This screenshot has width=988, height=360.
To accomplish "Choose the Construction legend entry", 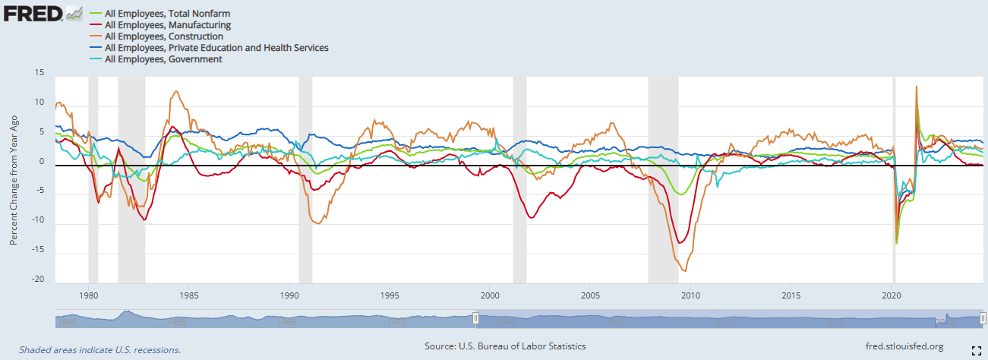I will (164, 36).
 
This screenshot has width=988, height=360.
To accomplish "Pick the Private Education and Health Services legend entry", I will (216, 48).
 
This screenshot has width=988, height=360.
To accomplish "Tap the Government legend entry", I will (163, 59).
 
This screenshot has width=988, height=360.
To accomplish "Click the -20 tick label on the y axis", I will (37, 279).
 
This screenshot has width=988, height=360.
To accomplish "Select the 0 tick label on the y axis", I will (42, 162).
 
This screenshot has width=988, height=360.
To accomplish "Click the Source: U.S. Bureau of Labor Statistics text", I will (505, 346).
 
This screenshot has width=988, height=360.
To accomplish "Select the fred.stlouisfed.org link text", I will (904, 346).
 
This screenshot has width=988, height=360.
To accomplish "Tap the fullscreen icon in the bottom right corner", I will (977, 350).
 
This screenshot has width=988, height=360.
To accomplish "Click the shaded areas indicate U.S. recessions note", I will (99, 350).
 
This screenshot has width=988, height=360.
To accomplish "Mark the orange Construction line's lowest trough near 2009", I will (685, 271).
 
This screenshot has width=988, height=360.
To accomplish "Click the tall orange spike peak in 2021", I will (917, 87).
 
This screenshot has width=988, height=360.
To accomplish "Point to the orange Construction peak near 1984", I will (176, 91).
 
